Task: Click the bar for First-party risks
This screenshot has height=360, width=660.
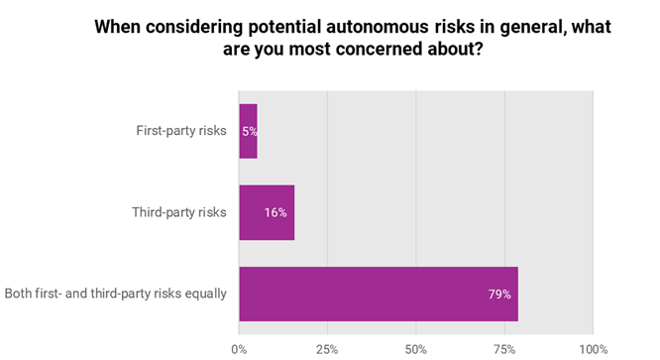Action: coord(248,131)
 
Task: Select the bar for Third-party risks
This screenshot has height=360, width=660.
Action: coord(267,212)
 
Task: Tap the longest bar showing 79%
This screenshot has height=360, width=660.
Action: coord(378,294)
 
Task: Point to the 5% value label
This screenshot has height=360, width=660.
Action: coord(249,131)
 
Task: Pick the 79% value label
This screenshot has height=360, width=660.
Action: coord(498,294)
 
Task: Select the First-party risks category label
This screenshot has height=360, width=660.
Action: coord(181,131)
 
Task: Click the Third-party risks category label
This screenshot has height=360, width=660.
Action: coord(179,212)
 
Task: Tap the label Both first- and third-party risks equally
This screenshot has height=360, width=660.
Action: coord(116,294)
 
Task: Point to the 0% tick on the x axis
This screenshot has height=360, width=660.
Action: coord(239,349)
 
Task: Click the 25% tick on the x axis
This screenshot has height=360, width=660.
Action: coord(327,349)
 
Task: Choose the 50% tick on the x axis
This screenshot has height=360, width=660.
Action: coord(416,349)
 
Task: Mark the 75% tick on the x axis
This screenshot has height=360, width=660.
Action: coord(504,349)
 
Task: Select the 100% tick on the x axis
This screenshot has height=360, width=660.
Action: coord(592,349)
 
